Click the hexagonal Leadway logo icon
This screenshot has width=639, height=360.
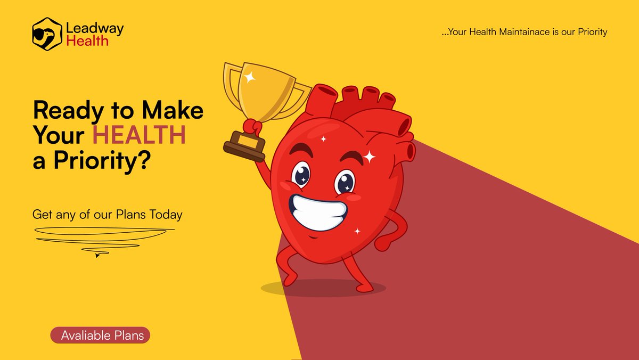pyautogui.click(x=47, y=34)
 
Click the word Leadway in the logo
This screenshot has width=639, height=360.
pyautogui.click(x=95, y=28)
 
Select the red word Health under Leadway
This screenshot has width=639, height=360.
pyautogui.click(x=87, y=40)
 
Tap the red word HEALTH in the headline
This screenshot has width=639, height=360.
pyautogui.click(x=140, y=136)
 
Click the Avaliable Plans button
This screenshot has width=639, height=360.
pyautogui.click(x=101, y=336)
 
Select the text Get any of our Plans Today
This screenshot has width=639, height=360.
pyautogui.click(x=107, y=215)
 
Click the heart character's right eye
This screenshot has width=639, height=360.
pyautogui.click(x=345, y=182)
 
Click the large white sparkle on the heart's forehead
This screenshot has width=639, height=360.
pyautogui.click(x=370, y=157)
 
